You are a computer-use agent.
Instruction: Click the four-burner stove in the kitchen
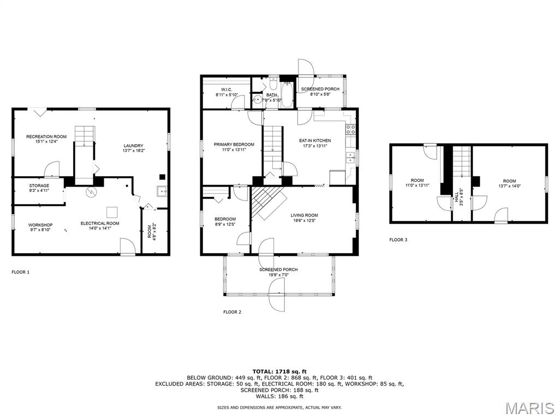[x=351, y=130]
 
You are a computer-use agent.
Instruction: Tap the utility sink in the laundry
[x=162, y=191]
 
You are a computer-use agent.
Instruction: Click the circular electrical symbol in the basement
[x=92, y=192]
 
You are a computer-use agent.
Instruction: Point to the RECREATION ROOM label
[x=46, y=136]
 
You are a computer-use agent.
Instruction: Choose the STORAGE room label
[x=39, y=185]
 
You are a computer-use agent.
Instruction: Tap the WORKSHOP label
[x=40, y=225]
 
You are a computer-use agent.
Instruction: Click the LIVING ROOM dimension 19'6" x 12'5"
[x=304, y=221]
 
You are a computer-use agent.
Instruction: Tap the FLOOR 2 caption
[x=232, y=312]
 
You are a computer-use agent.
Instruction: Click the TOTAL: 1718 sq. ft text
[x=279, y=371]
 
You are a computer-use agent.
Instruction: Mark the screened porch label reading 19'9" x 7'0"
[x=278, y=275]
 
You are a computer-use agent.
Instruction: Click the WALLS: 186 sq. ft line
[x=279, y=397]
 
